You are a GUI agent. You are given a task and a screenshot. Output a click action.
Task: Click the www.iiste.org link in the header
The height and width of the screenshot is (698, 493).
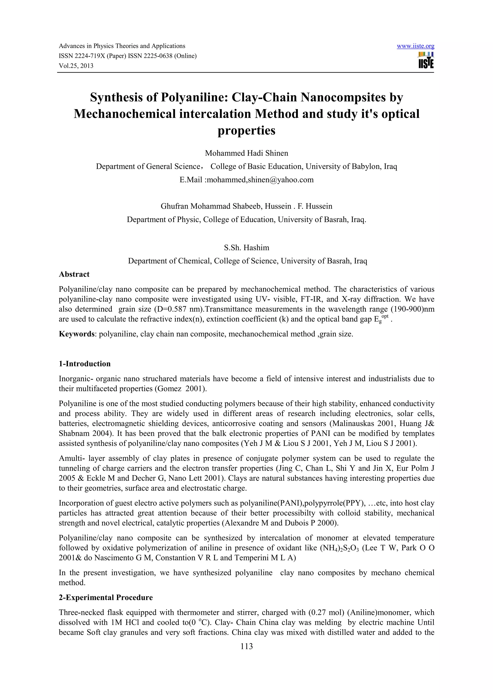pos(415,46)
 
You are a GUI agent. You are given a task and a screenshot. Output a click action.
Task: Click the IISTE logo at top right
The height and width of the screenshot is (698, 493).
pos(426,60)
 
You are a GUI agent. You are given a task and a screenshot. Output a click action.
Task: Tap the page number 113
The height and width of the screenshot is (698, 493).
pos(246,646)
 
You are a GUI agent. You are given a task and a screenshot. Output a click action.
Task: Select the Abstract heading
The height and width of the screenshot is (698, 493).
pos(74,274)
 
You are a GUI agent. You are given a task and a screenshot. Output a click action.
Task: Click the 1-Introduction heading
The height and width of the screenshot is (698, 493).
pos(84,364)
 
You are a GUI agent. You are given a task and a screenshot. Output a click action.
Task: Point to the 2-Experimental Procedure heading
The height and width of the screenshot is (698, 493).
pos(105,597)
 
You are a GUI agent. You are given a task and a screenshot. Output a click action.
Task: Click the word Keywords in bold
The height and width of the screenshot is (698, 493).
pos(77,334)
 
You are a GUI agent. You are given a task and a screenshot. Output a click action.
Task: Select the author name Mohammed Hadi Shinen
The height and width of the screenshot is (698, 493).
pos(246,153)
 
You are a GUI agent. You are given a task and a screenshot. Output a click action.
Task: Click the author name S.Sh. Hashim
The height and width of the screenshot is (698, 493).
pos(246,248)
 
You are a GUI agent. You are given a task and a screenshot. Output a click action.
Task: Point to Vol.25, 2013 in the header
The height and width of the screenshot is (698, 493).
pos(76,66)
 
